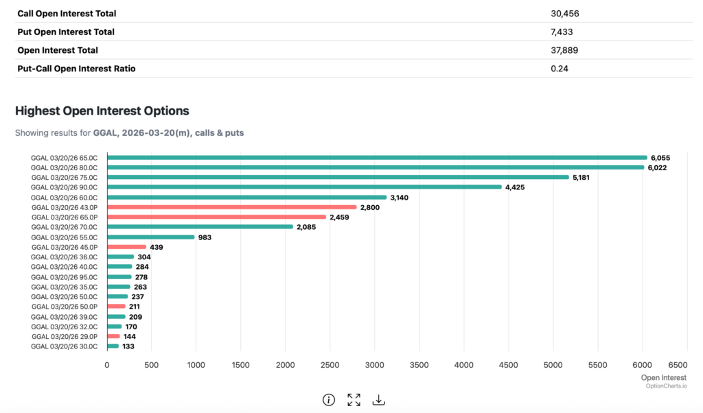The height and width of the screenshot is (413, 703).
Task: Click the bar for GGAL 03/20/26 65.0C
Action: [x=376, y=157]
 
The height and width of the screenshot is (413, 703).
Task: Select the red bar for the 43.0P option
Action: [x=232, y=206]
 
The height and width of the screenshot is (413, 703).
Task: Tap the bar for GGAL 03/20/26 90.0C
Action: [x=304, y=187]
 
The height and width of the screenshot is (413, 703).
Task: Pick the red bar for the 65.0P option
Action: [x=216, y=217]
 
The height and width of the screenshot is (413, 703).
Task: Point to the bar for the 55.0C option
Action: [x=150, y=237]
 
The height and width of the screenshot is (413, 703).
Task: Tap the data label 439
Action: [x=157, y=247]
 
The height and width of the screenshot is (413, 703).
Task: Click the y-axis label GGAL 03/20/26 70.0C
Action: [x=65, y=226]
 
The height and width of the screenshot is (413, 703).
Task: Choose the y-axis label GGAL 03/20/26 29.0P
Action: [x=65, y=336]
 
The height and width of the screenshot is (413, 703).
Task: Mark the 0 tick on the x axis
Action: [x=107, y=365]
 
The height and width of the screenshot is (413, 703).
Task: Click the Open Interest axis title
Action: [x=663, y=377]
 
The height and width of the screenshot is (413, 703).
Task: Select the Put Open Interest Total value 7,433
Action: [x=562, y=32]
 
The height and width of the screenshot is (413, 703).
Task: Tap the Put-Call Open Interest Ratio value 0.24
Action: [x=560, y=69]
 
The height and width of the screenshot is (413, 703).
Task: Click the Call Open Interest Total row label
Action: [x=67, y=13]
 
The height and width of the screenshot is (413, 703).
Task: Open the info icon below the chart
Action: [x=329, y=400]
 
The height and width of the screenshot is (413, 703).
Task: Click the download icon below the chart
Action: [x=378, y=400]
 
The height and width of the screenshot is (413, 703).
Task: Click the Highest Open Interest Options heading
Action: [x=102, y=110]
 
